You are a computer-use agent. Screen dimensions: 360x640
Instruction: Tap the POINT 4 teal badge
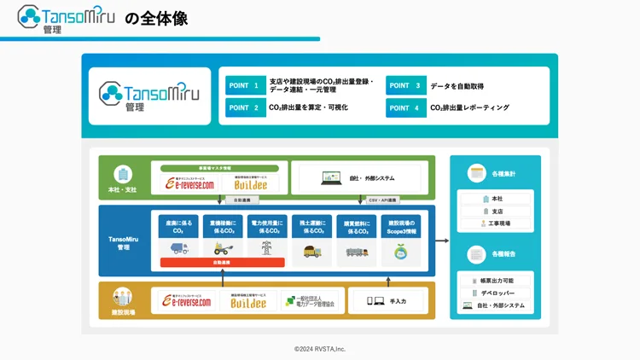point(405,108)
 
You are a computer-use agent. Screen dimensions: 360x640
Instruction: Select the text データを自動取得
point(457,86)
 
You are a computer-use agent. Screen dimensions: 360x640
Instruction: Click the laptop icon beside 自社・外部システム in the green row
point(331,178)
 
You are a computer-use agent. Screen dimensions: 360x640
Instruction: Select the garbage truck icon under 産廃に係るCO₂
point(178,249)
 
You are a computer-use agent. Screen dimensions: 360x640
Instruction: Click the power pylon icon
point(267,249)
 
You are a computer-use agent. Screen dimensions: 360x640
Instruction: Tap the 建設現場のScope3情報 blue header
point(400,226)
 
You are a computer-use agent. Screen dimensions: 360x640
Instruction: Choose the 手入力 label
point(398,301)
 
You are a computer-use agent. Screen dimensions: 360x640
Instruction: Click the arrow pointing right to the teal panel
point(441,241)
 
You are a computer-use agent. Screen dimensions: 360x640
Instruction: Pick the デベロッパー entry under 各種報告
point(497,293)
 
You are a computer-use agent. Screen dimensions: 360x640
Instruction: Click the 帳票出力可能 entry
point(497,281)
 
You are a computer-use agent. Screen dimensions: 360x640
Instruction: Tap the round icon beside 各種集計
point(476,173)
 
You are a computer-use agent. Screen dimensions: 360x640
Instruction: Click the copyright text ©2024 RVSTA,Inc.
point(320,349)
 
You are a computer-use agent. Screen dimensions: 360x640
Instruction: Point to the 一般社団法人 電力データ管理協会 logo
point(310,301)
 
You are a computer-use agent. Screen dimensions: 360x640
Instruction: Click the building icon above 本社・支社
point(123,174)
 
